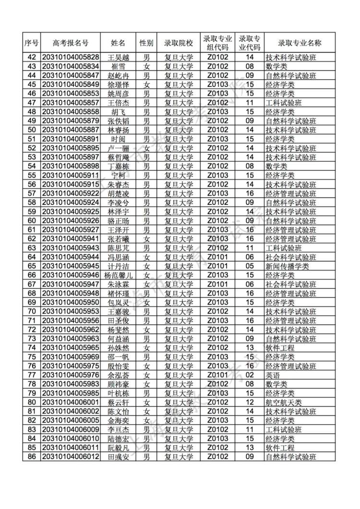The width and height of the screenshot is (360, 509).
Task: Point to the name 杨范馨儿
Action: [118, 275]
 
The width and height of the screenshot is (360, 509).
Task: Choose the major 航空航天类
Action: [284, 402]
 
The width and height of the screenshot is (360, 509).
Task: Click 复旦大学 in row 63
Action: [179, 248]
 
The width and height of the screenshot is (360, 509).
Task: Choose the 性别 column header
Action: [146, 43]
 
